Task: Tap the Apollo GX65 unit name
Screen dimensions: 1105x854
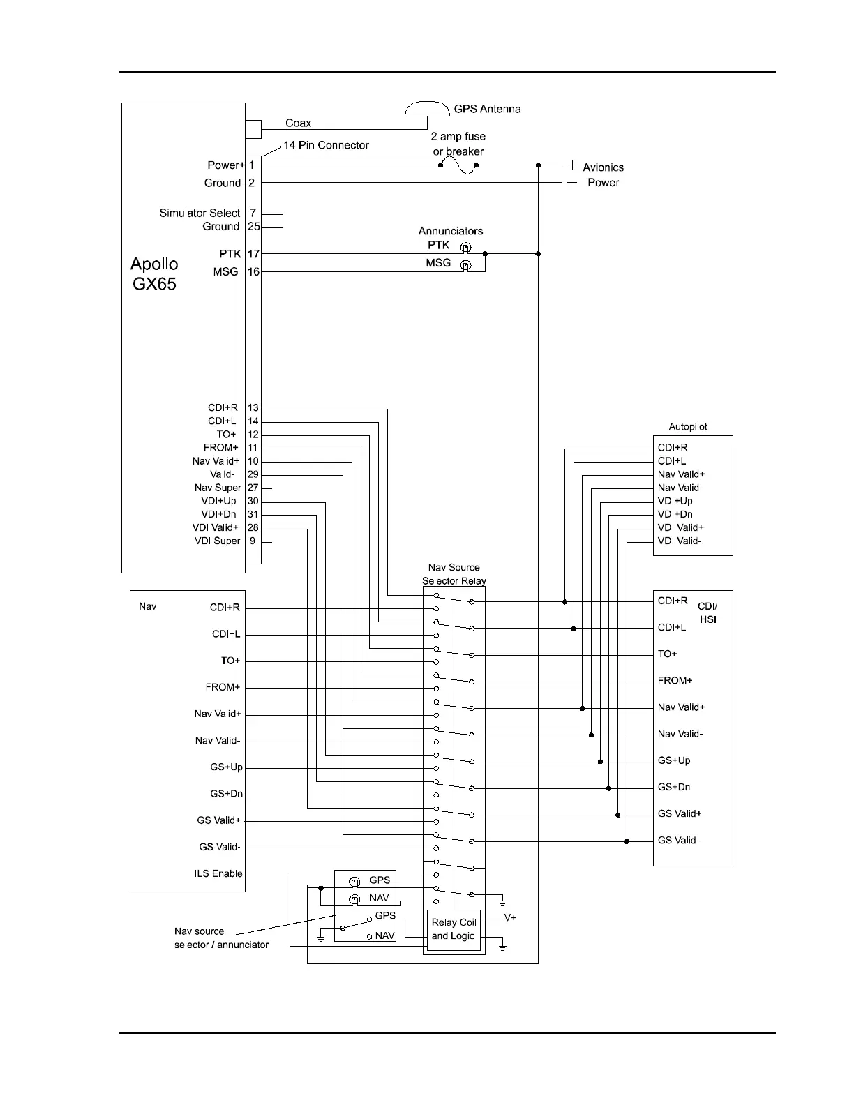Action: coord(154,273)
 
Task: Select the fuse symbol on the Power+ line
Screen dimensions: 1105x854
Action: coord(458,165)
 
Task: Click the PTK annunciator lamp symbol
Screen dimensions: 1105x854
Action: coord(465,247)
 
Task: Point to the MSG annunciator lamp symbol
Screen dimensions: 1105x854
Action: coord(465,265)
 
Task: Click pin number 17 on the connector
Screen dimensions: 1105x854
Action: coord(253,254)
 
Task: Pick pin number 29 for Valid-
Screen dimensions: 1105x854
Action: coord(253,474)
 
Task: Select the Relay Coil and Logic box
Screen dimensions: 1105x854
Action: coord(453,929)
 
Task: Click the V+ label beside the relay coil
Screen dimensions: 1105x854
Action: coord(510,918)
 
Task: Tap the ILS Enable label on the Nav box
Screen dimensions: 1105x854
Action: coord(218,873)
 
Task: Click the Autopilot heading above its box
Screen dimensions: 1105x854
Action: coord(688,427)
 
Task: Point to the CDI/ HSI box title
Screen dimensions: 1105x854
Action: coord(707,613)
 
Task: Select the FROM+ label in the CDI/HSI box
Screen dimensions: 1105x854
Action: coord(675,680)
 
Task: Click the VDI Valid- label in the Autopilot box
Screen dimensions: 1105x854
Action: coord(680,541)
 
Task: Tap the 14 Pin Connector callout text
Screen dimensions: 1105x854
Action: coord(326,145)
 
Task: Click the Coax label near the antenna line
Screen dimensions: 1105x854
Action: coord(298,123)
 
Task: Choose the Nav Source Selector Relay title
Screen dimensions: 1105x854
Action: coord(454,574)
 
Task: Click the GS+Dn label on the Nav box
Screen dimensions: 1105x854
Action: coord(226,794)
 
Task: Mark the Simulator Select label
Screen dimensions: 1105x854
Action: coord(200,213)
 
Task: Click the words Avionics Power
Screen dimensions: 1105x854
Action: coord(603,174)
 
